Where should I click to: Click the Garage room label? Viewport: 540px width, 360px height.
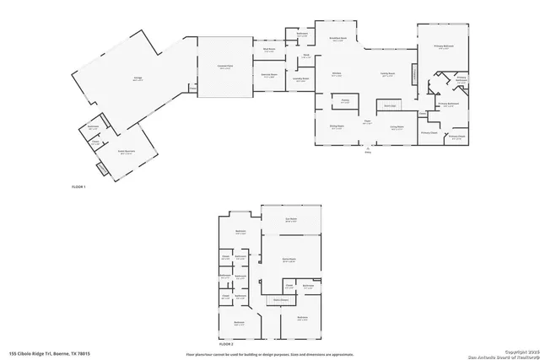tap(137, 78)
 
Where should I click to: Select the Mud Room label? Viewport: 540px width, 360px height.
tap(270, 51)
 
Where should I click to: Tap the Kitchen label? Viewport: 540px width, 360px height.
tap(335, 74)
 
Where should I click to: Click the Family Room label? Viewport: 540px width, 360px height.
tap(388, 74)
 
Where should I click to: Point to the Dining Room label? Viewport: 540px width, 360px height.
tap(336, 128)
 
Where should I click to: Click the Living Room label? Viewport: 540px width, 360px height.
tap(397, 128)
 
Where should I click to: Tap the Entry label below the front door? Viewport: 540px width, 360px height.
tap(367, 153)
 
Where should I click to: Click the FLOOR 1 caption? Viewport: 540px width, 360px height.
tap(79, 185)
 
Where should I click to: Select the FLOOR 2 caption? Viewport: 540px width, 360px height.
tap(225, 344)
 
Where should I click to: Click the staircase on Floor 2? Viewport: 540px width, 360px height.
tap(278, 300)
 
